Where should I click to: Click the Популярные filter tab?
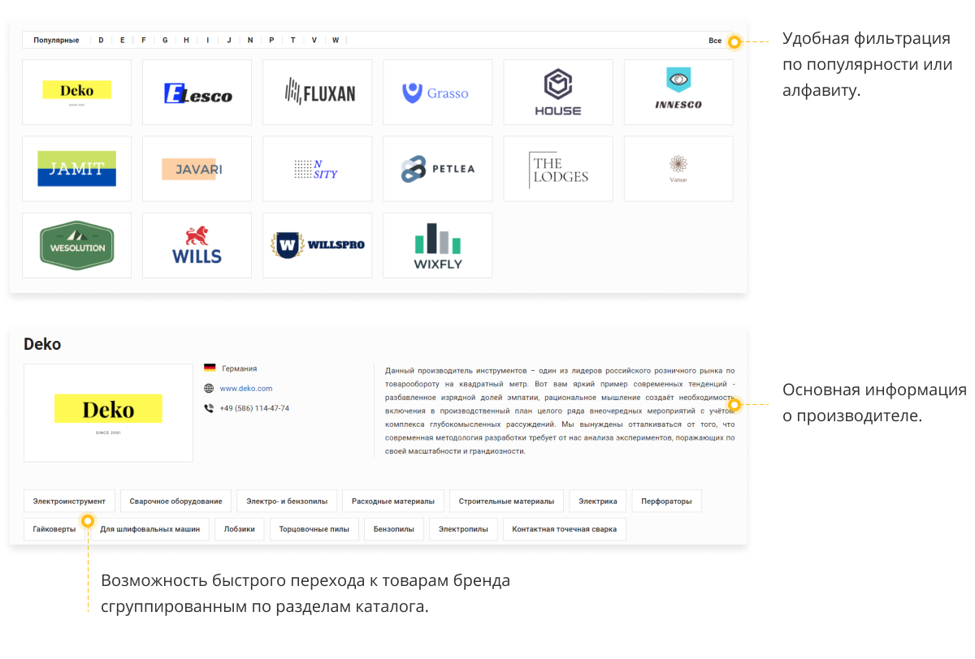point(56,40)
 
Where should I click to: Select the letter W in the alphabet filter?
point(335,40)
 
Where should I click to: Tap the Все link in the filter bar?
point(715,41)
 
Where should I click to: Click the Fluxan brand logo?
point(320,91)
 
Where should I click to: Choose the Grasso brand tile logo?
point(435,93)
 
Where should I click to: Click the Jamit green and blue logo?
point(76,169)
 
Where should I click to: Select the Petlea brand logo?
point(437,169)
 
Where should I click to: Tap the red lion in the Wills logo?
point(197,236)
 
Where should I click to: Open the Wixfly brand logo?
point(438,246)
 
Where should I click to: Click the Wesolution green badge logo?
point(76,245)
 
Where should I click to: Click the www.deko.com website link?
point(246,388)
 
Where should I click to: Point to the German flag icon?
point(210,368)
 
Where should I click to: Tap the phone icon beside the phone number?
point(209,408)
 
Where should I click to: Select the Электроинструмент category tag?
point(69,502)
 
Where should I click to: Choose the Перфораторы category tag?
point(666,502)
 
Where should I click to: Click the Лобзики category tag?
point(240,529)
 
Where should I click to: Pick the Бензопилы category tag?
point(394,529)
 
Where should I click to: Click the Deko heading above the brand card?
point(42,344)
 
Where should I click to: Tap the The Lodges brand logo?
point(558,170)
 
